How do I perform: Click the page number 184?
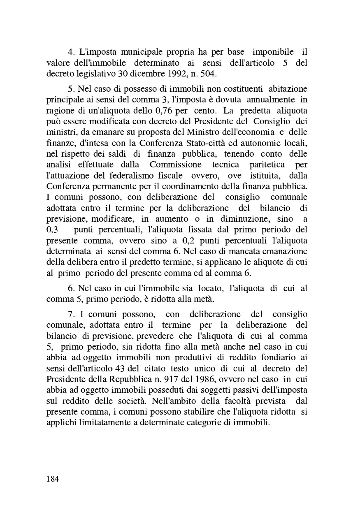(53, 479)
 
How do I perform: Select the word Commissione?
(172, 165)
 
